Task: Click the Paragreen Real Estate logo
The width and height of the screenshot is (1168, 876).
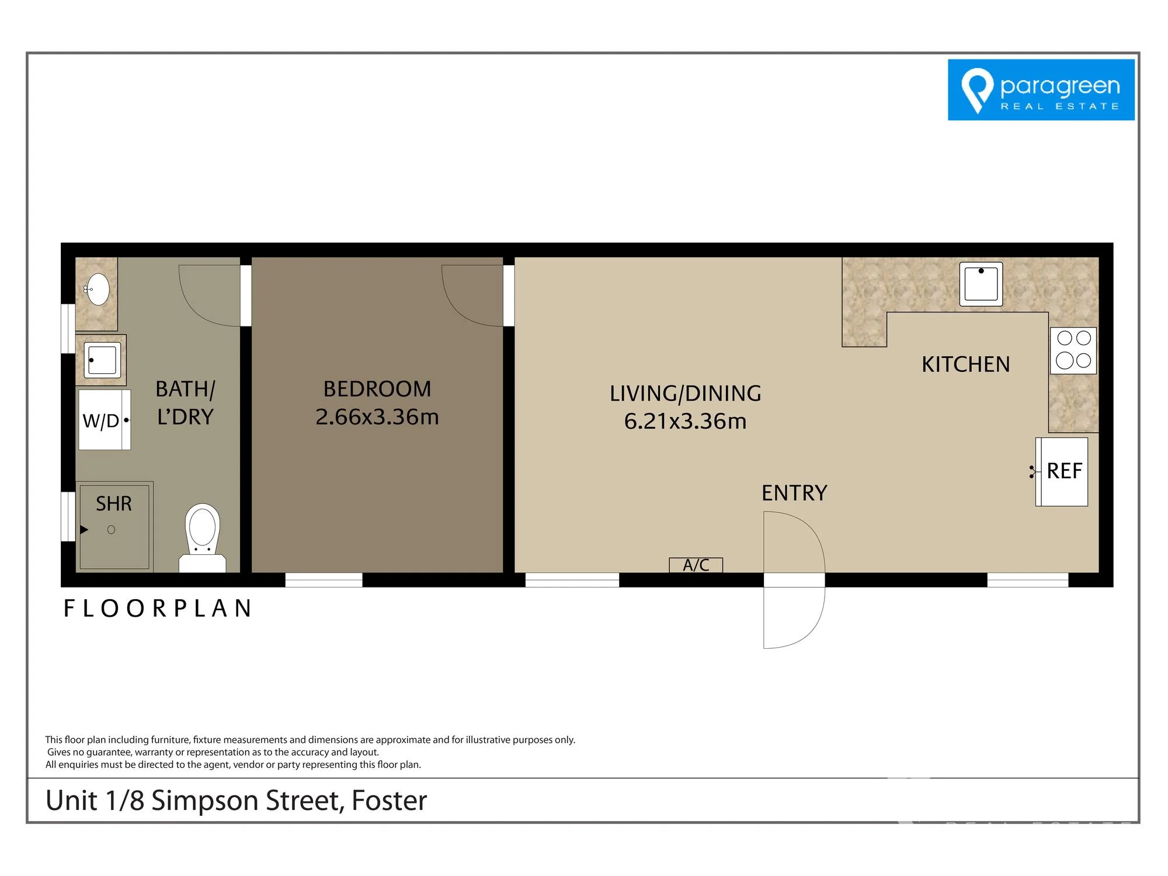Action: (1041, 90)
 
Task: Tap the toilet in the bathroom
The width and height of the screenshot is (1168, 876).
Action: (202, 538)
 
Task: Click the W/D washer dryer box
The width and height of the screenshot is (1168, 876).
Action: (105, 420)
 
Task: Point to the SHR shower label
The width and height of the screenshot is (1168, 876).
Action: (114, 503)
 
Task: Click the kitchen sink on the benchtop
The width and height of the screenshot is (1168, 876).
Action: (981, 284)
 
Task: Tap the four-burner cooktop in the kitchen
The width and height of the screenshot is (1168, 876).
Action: (1073, 350)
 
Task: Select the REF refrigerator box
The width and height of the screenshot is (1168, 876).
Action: (1062, 471)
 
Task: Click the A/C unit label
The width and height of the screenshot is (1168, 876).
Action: (696, 565)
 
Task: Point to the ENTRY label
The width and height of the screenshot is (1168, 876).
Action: (794, 493)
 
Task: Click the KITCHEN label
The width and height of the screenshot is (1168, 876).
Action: (966, 364)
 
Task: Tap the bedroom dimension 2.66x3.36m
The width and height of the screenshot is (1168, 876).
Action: (377, 417)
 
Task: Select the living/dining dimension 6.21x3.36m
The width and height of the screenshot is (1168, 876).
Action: (686, 421)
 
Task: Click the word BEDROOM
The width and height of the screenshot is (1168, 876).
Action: (377, 389)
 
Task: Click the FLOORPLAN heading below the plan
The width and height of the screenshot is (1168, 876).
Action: (158, 609)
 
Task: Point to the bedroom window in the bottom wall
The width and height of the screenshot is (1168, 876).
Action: (324, 580)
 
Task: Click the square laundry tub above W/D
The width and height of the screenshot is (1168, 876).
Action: (102, 359)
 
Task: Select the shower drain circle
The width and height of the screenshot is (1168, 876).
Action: (111, 530)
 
